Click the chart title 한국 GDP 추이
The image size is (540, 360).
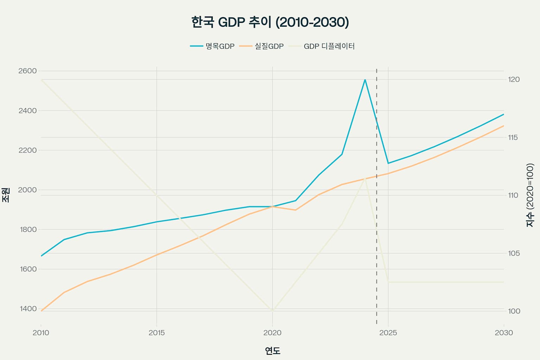[x=270, y=22]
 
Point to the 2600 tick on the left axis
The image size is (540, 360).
[x=27, y=71]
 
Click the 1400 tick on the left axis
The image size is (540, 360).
[x=27, y=309]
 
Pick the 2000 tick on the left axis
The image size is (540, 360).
[x=27, y=190]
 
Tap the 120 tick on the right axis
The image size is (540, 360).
[x=514, y=79]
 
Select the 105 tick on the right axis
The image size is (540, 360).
[x=514, y=253]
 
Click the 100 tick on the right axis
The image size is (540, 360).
[x=514, y=311]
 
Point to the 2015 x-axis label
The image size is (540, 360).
[x=156, y=333]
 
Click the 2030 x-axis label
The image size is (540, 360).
[x=503, y=333]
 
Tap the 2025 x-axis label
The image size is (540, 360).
[x=388, y=333]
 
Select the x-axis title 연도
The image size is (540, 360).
[x=272, y=351]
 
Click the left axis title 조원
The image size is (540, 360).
[x=6, y=194]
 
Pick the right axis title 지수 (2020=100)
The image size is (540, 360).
[x=530, y=195]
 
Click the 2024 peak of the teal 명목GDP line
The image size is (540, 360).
[x=365, y=80]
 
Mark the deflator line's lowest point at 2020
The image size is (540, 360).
[x=272, y=311]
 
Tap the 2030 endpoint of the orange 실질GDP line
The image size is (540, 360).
[x=503, y=126]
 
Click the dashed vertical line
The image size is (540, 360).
[x=377, y=246]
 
